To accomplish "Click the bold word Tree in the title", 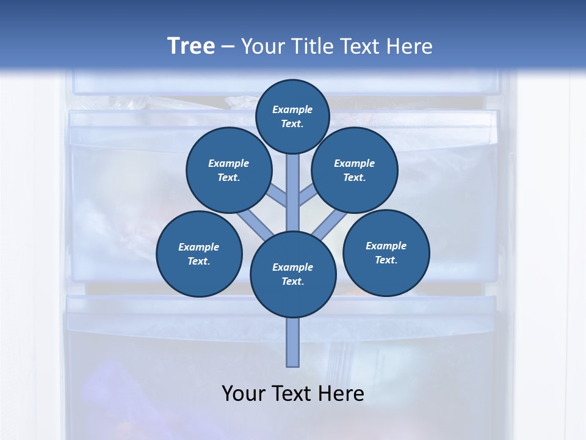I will point(191,46).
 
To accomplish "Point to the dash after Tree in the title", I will point(228,46).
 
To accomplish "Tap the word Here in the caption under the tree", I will point(341,394).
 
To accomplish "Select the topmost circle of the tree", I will point(292,116).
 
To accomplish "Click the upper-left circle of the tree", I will point(229,170).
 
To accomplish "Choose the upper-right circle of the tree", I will point(355,170).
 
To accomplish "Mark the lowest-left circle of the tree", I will point(199,254).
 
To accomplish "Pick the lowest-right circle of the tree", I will point(386,252).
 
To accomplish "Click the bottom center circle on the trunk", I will point(293,274).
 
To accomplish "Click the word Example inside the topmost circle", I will point(292,109).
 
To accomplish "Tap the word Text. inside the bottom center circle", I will point(292,281).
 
